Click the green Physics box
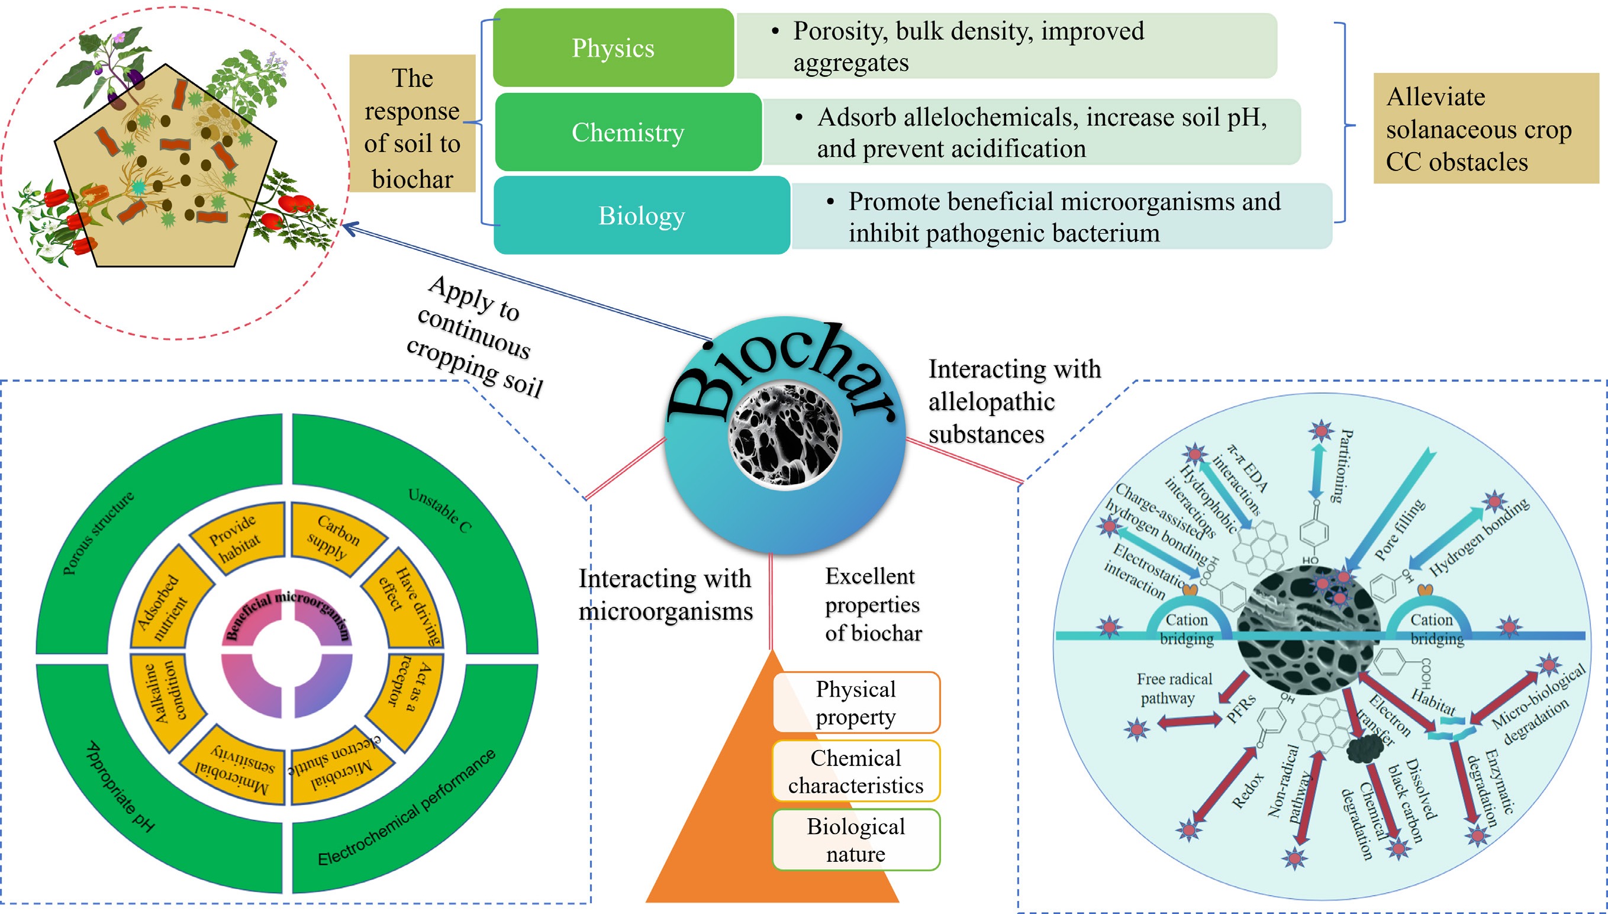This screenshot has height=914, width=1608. pyautogui.click(x=613, y=48)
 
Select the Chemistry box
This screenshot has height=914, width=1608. pyautogui.click(x=628, y=132)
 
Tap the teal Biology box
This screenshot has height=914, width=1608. pyautogui.click(x=641, y=215)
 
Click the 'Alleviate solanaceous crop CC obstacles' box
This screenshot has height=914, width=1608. pyautogui.click(x=1485, y=128)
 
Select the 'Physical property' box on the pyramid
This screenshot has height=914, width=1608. pyautogui.click(x=856, y=703)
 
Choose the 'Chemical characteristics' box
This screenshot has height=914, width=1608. pyautogui.click(x=856, y=771)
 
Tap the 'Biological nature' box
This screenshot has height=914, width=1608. pyautogui.click(x=856, y=840)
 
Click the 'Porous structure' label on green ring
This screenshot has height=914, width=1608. pyautogui.click(x=98, y=533)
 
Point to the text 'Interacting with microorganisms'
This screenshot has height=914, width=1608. pyautogui.click(x=665, y=594)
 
